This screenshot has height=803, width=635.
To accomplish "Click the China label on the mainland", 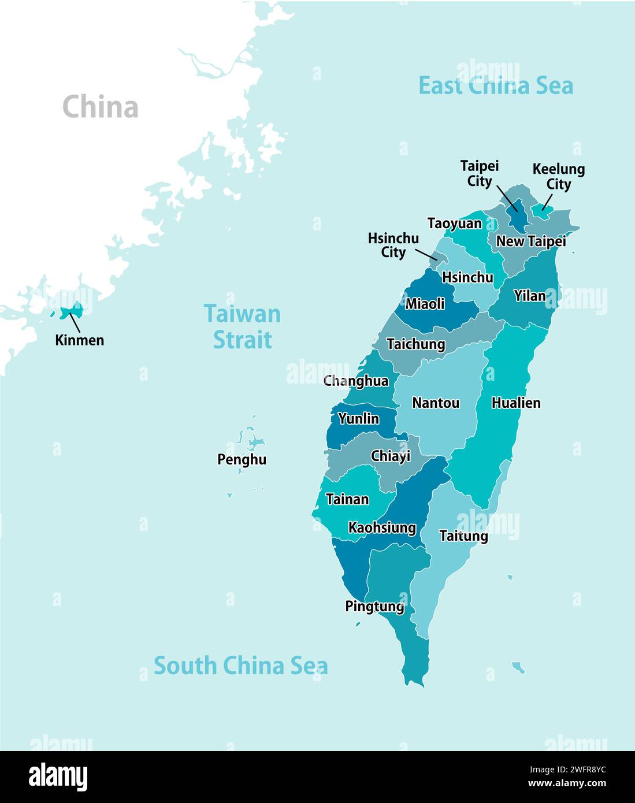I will click(100, 107).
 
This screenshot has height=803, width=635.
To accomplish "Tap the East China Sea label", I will click(495, 85).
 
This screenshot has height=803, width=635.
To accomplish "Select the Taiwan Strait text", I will click(242, 327).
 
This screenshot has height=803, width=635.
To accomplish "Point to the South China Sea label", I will click(240, 666).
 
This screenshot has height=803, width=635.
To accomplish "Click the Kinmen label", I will click(80, 340).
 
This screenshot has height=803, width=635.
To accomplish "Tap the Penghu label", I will click(242, 460).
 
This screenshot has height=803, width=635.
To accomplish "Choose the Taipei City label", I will click(479, 173).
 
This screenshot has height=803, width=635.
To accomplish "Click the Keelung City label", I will click(558, 177).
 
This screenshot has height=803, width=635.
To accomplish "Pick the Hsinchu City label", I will click(393, 245).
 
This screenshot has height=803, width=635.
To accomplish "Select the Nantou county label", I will click(436, 403).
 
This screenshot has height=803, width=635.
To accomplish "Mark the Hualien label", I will click(516, 403).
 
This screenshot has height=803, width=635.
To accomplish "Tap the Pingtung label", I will click(374, 607).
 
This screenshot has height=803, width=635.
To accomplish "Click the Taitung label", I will click(463, 536).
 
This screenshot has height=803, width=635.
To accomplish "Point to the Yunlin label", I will click(358, 418).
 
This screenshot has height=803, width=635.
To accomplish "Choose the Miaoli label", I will click(425, 304).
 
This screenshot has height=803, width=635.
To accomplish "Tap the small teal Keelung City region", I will click(543, 211).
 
